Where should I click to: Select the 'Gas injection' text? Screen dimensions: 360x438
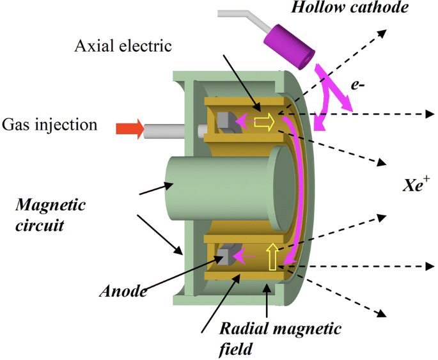click(x=49, y=124)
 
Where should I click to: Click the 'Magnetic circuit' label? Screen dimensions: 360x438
click(x=51, y=214)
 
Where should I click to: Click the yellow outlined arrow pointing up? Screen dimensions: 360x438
click(x=272, y=256)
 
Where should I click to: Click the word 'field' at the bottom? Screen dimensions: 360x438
click(x=234, y=348)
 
